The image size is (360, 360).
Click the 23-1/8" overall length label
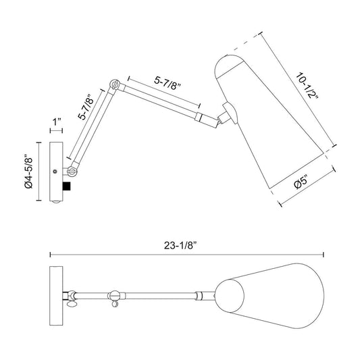(181, 245)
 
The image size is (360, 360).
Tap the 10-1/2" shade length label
(307, 85)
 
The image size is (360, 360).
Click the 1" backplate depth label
(57, 122)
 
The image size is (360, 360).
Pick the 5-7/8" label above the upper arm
(168, 83)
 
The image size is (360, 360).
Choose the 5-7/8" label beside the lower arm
(86, 107)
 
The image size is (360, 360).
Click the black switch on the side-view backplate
(67, 186)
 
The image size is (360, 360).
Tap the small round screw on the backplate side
(55, 172)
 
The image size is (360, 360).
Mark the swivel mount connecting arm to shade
(228, 114)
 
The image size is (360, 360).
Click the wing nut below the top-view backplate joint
(72, 304)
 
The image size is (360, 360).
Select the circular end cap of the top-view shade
(230, 296)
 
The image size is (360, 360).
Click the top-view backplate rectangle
(56, 296)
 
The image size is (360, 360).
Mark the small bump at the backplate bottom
(56, 202)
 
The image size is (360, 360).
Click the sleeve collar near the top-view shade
(199, 296)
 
